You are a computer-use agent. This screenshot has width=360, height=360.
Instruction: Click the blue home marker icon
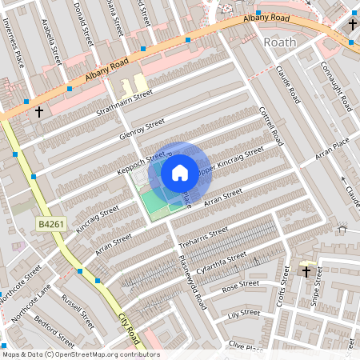[x=179, y=173]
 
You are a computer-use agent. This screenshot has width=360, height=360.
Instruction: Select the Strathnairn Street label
[x=124, y=102]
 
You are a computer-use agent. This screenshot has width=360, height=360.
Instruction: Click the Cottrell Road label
[x=272, y=125]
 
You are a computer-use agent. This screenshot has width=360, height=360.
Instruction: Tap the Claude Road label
[x=288, y=85]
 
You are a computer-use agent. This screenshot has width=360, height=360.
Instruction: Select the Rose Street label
[x=241, y=285]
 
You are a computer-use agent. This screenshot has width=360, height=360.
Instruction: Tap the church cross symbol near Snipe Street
[x=306, y=272]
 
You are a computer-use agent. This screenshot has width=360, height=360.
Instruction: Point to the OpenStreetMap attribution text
[x=70, y=354]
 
